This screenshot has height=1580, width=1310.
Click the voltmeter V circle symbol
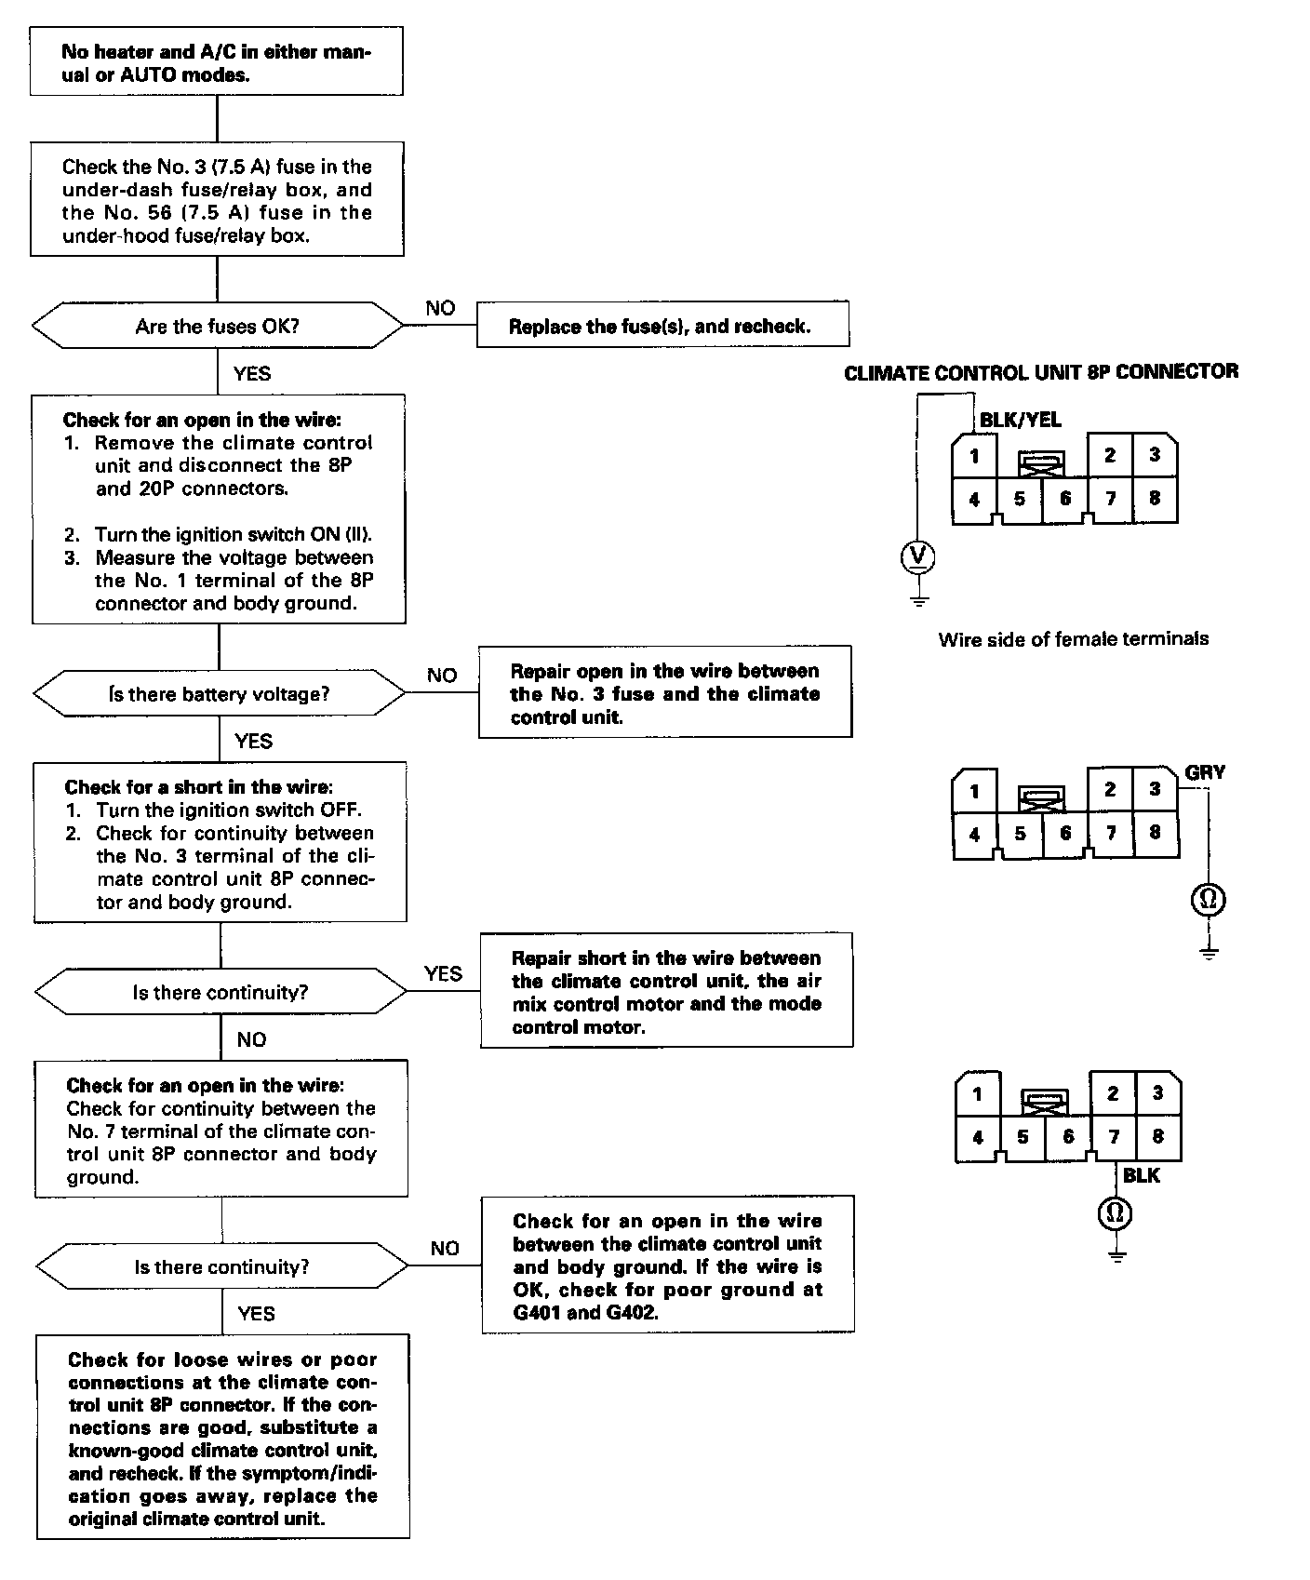(918, 556)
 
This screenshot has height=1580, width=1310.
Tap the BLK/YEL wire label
(1020, 421)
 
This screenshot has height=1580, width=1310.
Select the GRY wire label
(1205, 772)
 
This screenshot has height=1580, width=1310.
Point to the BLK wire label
(1142, 1175)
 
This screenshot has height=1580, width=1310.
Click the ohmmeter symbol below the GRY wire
(1209, 899)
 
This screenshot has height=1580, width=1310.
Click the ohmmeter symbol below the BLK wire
(1116, 1212)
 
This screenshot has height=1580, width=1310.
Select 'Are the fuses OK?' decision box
(218, 326)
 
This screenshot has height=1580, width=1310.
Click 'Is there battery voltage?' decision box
(220, 694)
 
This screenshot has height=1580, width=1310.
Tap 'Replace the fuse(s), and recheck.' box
(662, 326)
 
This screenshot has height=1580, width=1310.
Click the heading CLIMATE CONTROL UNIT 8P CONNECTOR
(1041, 372)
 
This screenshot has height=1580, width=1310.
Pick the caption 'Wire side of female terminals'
(1074, 639)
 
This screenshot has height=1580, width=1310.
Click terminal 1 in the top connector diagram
(974, 456)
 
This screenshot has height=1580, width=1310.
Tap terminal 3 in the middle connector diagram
(1155, 789)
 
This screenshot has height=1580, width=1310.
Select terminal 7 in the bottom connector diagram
(1114, 1136)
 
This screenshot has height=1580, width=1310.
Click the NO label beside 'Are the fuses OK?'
(440, 308)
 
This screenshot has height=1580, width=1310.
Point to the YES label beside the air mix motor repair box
(443, 973)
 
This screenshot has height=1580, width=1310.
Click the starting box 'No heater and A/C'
(217, 61)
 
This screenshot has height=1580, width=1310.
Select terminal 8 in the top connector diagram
(1155, 498)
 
